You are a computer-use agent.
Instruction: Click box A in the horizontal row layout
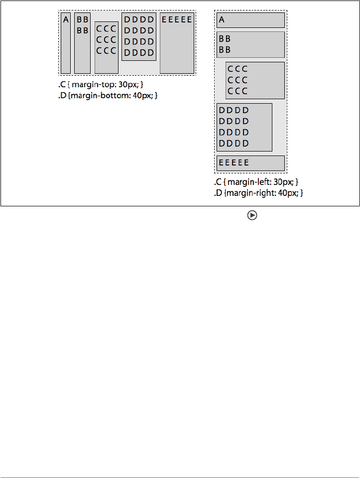[66, 43]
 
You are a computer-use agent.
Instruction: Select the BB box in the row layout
[82, 43]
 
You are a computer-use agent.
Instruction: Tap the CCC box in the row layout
[106, 47]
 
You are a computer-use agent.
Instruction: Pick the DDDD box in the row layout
[139, 37]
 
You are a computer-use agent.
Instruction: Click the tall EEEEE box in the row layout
[177, 43]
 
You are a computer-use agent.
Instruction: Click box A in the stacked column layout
[250, 20]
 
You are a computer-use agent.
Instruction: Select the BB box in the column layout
[250, 44]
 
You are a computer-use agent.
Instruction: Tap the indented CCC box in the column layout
[255, 80]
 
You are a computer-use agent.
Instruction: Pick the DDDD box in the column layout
[244, 127]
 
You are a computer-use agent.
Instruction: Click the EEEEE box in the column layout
[250, 163]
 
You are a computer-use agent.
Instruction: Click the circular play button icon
[252, 215]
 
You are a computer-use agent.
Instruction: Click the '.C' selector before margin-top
[62, 85]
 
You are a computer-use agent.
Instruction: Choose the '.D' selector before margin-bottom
[62, 95]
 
